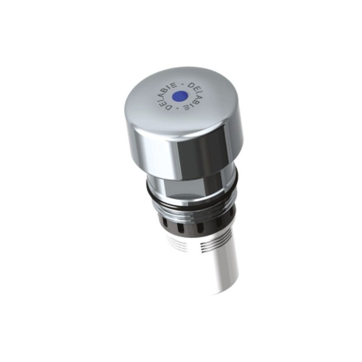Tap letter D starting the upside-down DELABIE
(x=192, y=85)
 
